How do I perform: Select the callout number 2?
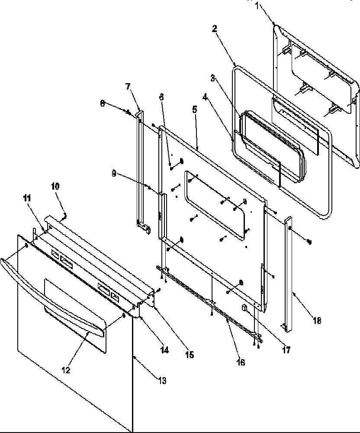pyautogui.click(x=215, y=29)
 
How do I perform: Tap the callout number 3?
pyautogui.click(x=212, y=78)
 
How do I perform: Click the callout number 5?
pyautogui.click(x=195, y=110)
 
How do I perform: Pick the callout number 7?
pyautogui.click(x=128, y=87)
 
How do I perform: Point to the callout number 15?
pyautogui.click(x=190, y=355)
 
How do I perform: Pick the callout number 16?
pyautogui.click(x=241, y=362)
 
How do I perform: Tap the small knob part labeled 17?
pyautogui.click(x=245, y=309)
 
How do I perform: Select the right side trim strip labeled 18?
pyautogui.click(x=289, y=273)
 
